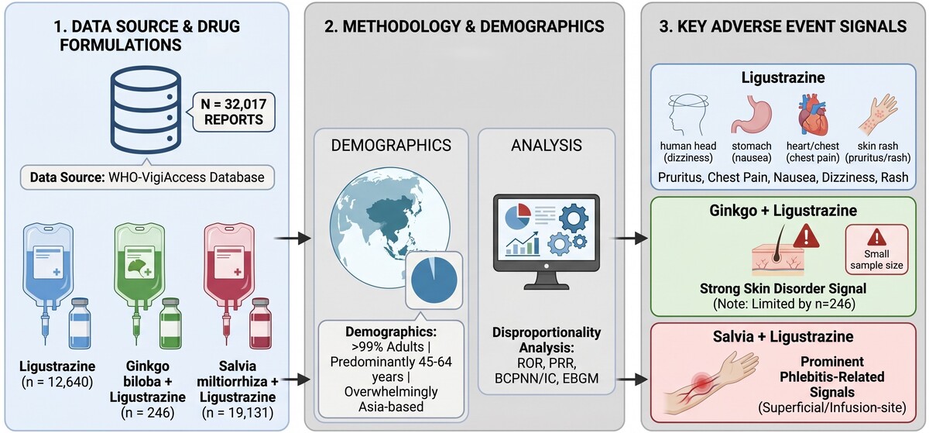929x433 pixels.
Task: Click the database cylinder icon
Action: tap(146, 110)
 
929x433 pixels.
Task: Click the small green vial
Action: tap(171, 323)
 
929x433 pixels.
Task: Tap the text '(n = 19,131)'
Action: tap(238, 413)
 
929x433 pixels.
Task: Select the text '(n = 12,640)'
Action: tap(57, 382)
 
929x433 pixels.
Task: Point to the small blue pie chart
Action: tap(434, 280)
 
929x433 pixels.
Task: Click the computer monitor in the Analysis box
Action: tap(547, 242)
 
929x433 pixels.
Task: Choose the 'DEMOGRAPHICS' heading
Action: tap(391, 146)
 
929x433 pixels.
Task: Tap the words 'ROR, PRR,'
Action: tap(547, 363)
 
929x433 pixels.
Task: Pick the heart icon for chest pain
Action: tap(813, 115)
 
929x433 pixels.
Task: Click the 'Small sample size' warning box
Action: tap(876, 250)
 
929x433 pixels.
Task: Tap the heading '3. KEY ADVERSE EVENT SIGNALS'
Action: tap(783, 26)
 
